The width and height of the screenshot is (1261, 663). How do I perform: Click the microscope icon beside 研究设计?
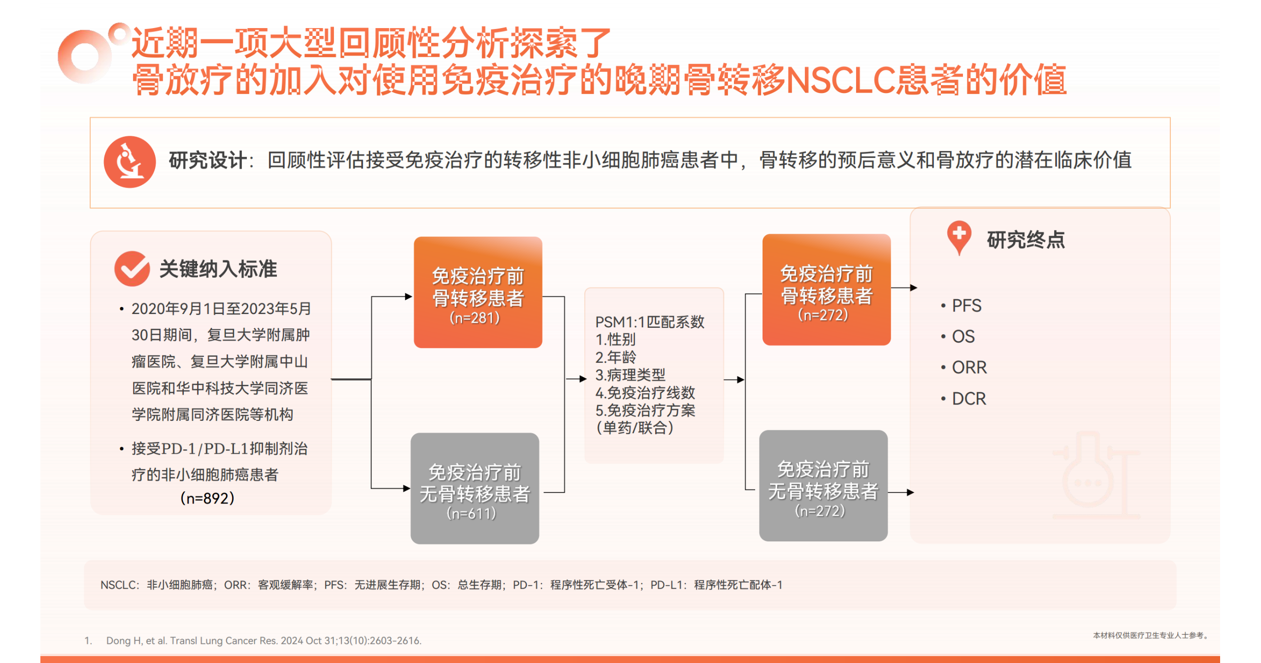coord(130,162)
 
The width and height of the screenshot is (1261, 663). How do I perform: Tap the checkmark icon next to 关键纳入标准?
coord(132,268)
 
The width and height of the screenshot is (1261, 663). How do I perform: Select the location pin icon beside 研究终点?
coord(959,238)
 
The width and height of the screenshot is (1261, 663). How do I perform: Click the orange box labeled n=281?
coord(478,292)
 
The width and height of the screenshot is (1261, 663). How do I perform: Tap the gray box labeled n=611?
coord(475,488)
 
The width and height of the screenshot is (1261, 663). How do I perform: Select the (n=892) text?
coord(207,498)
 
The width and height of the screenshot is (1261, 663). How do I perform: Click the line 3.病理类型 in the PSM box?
coord(630,375)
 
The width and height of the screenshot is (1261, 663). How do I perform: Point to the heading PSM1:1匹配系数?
coord(650,322)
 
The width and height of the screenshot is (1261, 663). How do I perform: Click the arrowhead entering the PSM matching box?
coord(583,379)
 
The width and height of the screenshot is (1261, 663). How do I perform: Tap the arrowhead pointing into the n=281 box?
coord(408,296)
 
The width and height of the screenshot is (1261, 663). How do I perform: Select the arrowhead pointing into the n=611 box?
coord(407,488)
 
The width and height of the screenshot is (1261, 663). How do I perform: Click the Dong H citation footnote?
coord(253,640)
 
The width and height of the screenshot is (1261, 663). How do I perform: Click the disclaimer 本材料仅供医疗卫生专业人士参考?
coord(1150,635)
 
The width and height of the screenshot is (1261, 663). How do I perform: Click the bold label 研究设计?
coord(207,160)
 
